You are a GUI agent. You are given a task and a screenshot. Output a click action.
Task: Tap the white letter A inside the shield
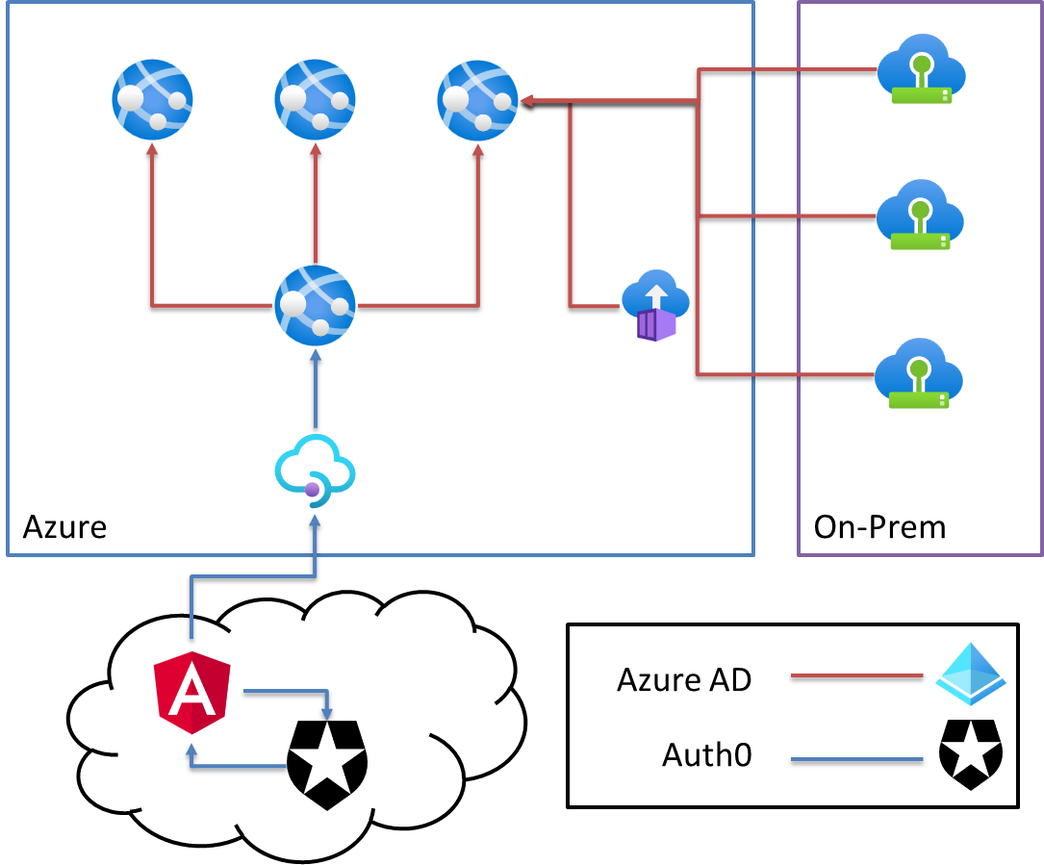coord(191,691)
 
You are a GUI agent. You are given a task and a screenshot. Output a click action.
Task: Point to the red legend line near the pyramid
coord(856,675)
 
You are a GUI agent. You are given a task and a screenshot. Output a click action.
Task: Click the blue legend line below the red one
coord(856,759)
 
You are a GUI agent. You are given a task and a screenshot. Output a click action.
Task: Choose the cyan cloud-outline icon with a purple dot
coord(315,470)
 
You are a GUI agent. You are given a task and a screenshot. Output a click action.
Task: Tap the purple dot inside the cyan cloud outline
coord(312,490)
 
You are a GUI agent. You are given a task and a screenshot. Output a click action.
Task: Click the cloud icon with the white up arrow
coord(655,293)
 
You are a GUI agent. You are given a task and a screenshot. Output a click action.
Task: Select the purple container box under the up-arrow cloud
coord(656,325)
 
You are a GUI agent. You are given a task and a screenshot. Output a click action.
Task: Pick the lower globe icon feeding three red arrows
coord(315,305)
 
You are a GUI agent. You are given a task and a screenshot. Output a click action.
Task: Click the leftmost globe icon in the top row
coord(152,99)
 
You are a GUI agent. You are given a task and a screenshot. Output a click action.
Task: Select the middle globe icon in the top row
coord(315,99)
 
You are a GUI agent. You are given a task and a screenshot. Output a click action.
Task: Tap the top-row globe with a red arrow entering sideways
coord(477,100)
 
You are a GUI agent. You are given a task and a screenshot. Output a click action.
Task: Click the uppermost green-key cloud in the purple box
coord(921,69)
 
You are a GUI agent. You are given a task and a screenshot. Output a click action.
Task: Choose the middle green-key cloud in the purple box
coord(920,216)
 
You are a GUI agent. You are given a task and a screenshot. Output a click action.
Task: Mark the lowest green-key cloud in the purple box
coord(919,373)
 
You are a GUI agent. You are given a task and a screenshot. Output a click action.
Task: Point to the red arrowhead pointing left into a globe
coord(527,100)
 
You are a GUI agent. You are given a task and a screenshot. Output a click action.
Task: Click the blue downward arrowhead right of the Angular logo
coord(327,714)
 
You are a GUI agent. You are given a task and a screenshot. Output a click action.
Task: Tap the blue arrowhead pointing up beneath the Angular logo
coord(191,748)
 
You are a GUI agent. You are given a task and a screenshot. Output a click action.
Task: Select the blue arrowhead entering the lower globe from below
coord(316,354)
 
